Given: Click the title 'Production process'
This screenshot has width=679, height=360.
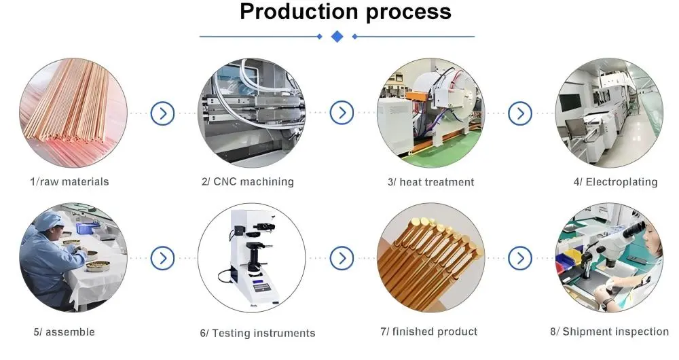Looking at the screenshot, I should click(345, 12).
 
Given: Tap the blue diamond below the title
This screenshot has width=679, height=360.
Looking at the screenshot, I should click(337, 36).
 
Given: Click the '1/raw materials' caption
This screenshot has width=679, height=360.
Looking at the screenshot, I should click(69, 181).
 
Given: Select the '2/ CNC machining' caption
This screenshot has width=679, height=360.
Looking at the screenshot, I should click(248, 181).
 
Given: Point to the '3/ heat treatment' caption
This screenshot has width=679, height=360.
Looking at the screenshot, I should click(430, 181).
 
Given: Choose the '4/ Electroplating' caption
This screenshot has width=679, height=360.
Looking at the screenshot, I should click(615, 181).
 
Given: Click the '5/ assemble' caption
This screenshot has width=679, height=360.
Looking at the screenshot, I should click(65, 332).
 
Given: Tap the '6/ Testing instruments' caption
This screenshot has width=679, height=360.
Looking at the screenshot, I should click(257, 333).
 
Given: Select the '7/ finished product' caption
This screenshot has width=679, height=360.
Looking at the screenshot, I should click(428, 331).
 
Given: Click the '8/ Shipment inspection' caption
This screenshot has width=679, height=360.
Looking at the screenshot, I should click(609, 331).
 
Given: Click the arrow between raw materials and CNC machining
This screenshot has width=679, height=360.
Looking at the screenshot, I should click(162, 113).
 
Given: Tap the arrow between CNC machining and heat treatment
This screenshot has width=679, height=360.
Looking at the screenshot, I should click(342, 113).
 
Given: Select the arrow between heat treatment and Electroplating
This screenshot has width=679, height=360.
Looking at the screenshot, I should click(520, 113).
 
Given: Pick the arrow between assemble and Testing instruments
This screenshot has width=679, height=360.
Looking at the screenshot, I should click(162, 257).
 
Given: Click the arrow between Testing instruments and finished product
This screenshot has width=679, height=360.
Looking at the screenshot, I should click(342, 257).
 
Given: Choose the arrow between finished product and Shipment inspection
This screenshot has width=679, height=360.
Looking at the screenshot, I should click(520, 257).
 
